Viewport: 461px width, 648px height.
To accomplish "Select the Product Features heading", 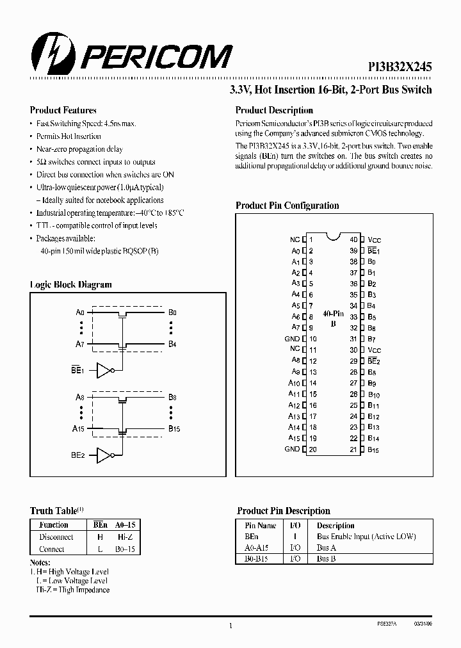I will point(63,110).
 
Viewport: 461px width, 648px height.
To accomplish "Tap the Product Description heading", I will point(274,110).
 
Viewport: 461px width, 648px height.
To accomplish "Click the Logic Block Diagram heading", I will point(71,284).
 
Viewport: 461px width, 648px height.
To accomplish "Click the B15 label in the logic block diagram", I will point(174,428).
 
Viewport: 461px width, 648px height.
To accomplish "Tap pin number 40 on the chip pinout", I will point(353,239).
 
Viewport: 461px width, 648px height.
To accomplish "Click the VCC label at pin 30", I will point(375,350).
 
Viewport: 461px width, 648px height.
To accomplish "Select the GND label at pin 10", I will point(292,339).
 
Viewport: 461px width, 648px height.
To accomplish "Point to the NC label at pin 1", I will point(295,239).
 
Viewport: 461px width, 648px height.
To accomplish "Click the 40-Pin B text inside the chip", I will point(332,319).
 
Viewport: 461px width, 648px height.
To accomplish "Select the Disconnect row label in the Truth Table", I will point(56,537).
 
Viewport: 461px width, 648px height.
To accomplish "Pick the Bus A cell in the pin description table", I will point(327,547).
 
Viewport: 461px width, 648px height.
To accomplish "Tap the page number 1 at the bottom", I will point(230,626).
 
